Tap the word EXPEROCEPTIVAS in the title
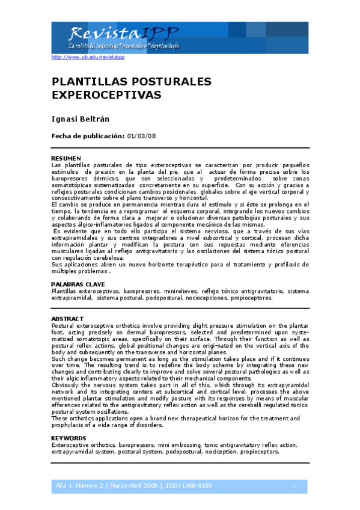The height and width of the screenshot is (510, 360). [106, 95]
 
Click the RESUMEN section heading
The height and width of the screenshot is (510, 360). [66, 158]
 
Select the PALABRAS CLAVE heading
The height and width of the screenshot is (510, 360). [78, 284]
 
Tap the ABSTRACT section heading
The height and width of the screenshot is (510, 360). [67, 318]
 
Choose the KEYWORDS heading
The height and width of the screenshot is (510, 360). [69, 438]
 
